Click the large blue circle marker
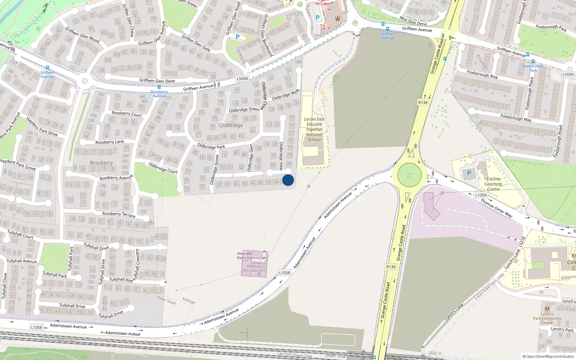coord(288,180)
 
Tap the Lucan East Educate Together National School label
coord(314,129)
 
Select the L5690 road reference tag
coord(242,78)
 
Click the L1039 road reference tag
coord(568,75)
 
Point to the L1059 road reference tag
coord(481,195)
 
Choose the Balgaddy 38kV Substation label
coord(254,269)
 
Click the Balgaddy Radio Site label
coord(245,256)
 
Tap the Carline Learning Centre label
coord(493,184)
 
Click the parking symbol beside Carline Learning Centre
coord(469,173)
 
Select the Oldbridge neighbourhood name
coord(231,125)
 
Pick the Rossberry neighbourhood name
coord(101,163)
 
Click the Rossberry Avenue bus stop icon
coord(159,87)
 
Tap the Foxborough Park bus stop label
coord(533,68)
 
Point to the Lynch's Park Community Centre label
coord(547,318)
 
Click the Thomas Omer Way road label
coord(496,208)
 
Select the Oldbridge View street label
coord(281,156)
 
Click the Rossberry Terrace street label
coord(119,214)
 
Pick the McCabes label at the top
coord(323,3)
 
